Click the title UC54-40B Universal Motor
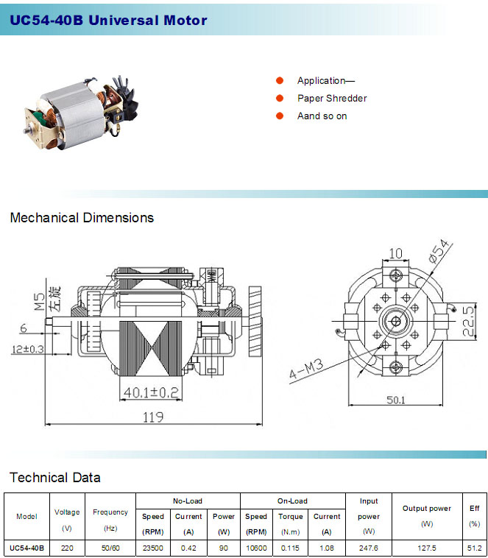tap(108, 20)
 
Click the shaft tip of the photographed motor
tap(26, 130)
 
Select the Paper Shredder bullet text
tap(332, 98)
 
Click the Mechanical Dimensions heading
tap(82, 217)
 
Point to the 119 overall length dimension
tap(153, 417)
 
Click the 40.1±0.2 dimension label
tap(151, 392)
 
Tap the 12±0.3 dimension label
tap(28, 349)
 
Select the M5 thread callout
tap(40, 301)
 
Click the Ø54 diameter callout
tap(439, 251)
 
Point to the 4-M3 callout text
tap(306, 369)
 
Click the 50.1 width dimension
tap(396, 400)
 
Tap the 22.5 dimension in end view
tap(469, 321)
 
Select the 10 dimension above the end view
tap(395, 253)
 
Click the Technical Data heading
tap(55, 477)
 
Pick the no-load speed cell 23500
tap(152, 548)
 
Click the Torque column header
tap(291, 516)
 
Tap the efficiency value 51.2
tap(474, 548)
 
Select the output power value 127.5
tap(427, 548)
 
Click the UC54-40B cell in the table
tap(26, 548)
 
